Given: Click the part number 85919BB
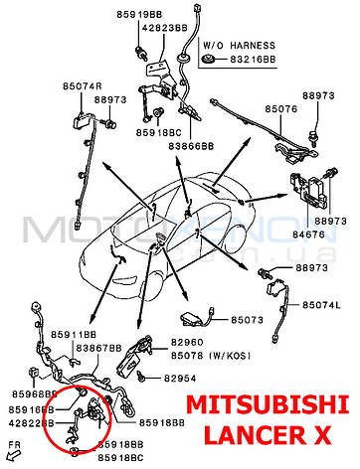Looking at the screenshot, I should pos(140,15).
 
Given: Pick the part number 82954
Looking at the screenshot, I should pos(182,379).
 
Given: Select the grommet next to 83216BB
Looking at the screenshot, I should pos(209,61).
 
